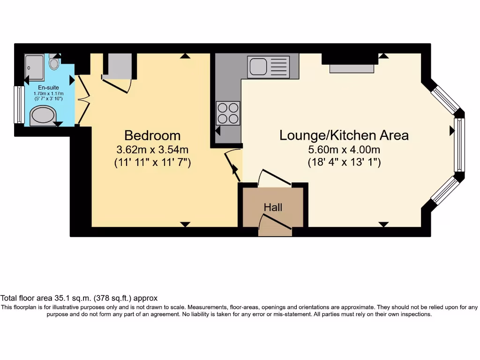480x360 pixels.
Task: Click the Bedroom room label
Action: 152,135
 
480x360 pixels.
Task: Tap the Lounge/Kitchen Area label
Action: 344,135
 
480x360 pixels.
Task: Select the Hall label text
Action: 273,207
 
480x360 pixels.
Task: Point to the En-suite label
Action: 48,88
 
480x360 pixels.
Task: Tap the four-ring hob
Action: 228,113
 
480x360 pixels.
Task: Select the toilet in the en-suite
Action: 54,62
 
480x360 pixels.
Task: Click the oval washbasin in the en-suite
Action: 43,116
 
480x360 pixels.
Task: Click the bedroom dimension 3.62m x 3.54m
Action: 152,150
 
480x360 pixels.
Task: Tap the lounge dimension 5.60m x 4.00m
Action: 344,150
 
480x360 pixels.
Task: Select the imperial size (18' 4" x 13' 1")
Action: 344,163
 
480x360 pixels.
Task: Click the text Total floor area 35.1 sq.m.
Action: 79,298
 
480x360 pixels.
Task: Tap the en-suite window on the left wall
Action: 19,105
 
